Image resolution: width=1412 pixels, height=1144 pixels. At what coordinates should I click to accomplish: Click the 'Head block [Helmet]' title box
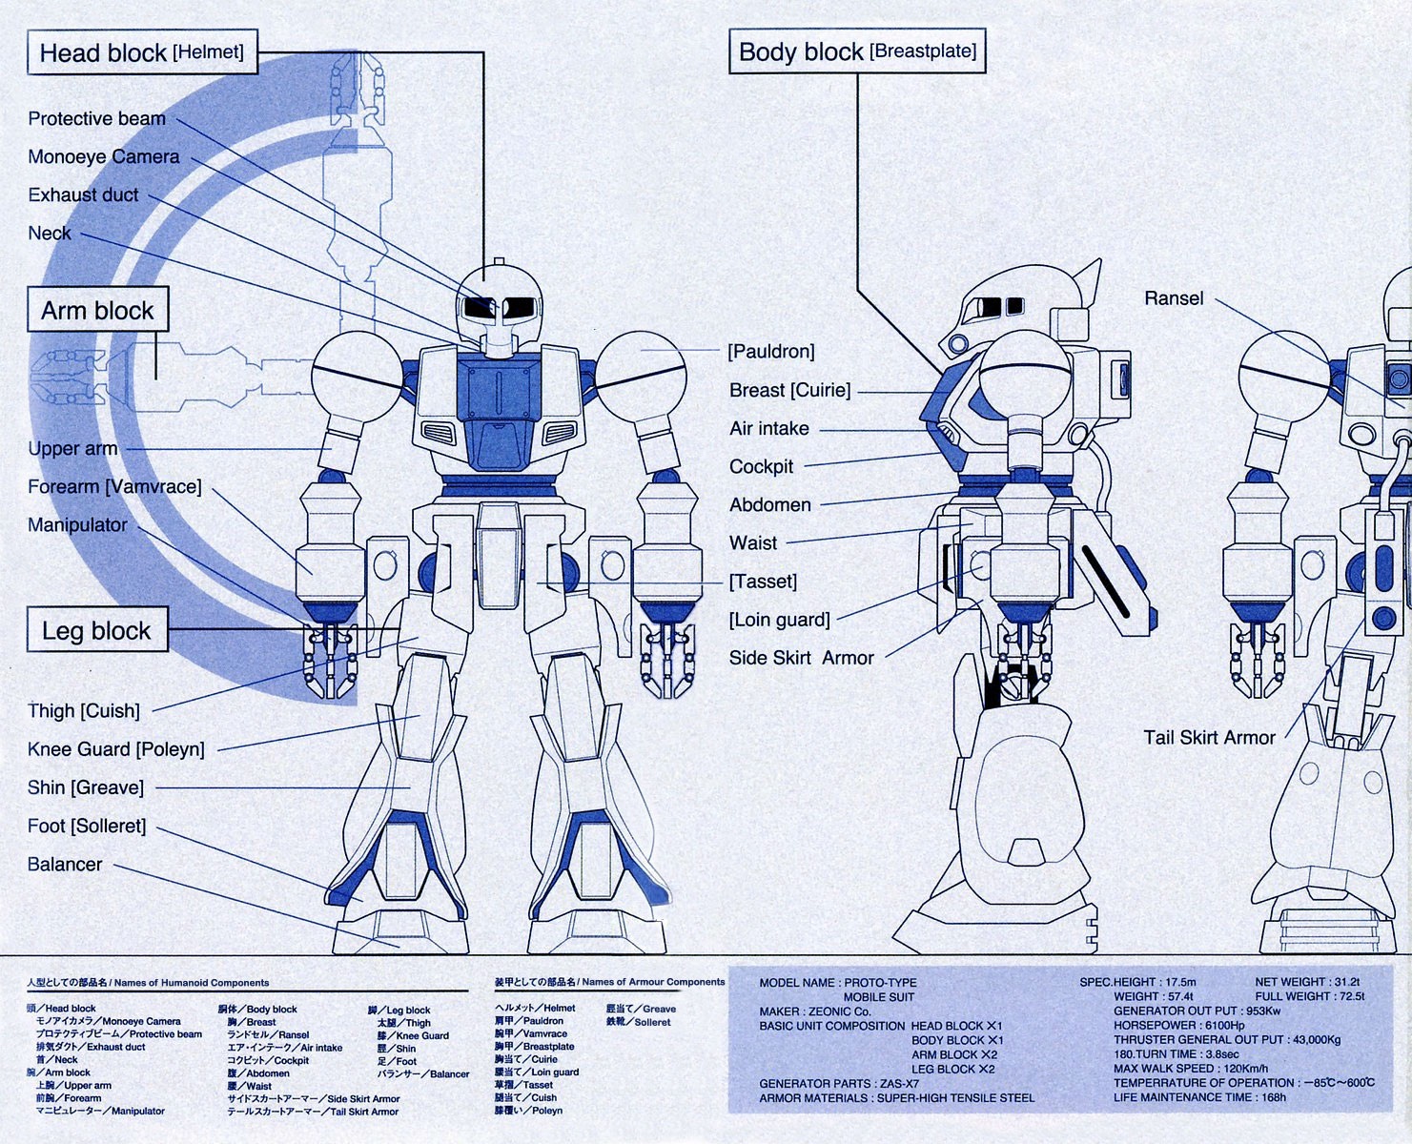[x=142, y=53]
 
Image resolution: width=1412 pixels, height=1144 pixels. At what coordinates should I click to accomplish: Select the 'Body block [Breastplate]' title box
[x=856, y=51]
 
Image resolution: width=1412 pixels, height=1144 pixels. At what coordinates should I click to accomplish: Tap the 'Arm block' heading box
[x=97, y=311]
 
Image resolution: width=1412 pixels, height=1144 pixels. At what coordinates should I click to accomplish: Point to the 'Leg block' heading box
[x=96, y=631]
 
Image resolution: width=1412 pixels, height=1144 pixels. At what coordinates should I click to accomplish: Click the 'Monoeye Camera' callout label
[x=103, y=156]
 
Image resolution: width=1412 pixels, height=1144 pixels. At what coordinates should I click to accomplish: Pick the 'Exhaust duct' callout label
[x=83, y=194]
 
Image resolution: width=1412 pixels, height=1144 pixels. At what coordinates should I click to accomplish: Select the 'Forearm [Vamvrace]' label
[x=114, y=486]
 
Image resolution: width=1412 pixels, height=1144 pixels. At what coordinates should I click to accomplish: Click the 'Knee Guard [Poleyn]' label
[x=115, y=749]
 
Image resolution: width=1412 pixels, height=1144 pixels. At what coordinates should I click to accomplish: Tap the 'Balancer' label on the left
[x=65, y=864]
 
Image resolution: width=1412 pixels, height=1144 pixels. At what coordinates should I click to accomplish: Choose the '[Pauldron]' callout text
[x=770, y=352]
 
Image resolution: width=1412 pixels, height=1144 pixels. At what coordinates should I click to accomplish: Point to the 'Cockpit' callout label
[x=761, y=466]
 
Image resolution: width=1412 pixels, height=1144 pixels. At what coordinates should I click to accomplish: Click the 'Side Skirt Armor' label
[x=801, y=658]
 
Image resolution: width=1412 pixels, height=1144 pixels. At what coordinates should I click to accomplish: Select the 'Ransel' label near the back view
[x=1174, y=298]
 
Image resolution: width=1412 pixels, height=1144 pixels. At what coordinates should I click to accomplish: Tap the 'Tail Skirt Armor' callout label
[x=1209, y=737]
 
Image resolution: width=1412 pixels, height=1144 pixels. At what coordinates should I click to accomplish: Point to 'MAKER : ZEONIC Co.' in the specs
[x=815, y=1011]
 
